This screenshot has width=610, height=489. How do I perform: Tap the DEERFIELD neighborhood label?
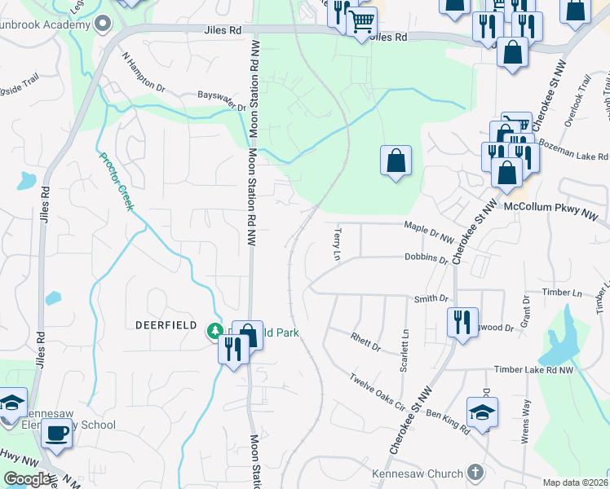point(166,324)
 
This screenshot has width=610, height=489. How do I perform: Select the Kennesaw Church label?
point(418,474)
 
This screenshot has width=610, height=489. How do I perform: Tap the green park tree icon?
point(215,330)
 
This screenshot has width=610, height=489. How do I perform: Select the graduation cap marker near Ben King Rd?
point(482,412)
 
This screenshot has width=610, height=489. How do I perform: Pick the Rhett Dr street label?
point(365,341)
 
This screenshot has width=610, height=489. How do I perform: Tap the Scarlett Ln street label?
point(404,351)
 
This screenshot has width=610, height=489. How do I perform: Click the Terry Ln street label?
point(336,244)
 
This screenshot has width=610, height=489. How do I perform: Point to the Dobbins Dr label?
point(426,258)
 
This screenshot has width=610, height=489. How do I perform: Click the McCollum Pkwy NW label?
point(550,211)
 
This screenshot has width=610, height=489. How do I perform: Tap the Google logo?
point(26,479)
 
